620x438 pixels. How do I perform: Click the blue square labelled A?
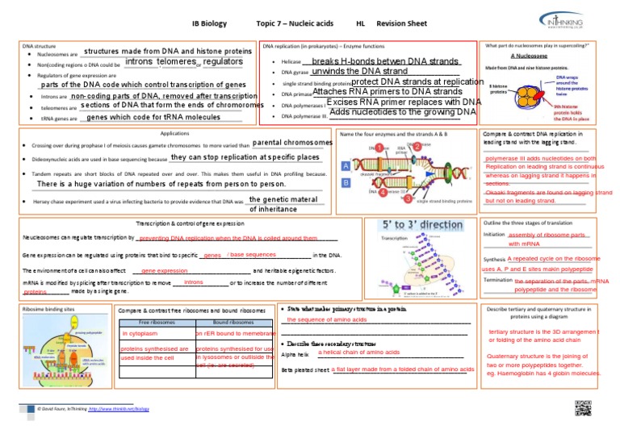coord(346,165)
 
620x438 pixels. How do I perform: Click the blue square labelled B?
coord(346,183)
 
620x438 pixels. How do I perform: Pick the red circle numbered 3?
coord(408,198)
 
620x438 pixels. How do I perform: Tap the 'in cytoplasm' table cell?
coord(140,333)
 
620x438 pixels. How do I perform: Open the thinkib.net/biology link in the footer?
coord(119,409)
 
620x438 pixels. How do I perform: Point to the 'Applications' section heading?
coord(175,132)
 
